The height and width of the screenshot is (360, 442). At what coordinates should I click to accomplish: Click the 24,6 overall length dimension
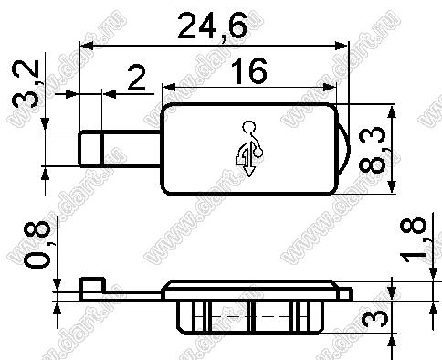tap(212, 26)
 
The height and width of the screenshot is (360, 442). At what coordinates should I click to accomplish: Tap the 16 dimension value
tap(249, 71)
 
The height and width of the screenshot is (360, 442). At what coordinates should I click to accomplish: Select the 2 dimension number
tap(136, 79)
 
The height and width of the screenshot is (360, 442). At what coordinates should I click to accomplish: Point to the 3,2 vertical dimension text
tap(26, 84)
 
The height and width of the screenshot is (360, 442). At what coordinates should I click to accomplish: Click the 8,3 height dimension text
tap(372, 150)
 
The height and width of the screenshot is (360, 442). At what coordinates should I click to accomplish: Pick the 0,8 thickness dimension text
tap(37, 245)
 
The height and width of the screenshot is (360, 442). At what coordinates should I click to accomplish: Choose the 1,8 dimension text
tap(414, 239)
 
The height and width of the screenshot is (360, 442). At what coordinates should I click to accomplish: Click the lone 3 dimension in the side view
tap(377, 317)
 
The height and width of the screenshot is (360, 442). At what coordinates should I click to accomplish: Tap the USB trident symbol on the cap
tap(249, 149)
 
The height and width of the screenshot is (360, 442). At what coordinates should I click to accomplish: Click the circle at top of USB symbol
tap(249, 126)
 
